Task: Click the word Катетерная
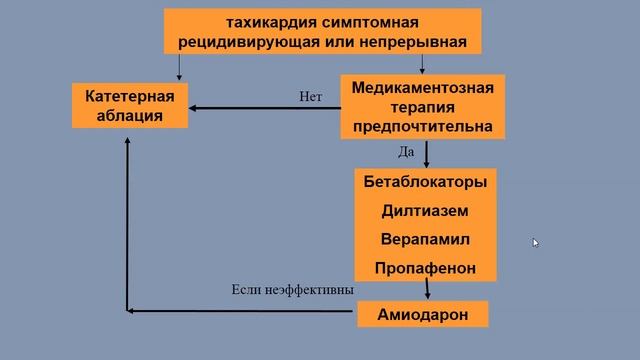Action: click(x=130, y=96)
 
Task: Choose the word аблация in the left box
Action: click(x=130, y=116)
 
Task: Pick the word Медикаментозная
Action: click(x=423, y=87)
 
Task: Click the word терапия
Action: click(x=423, y=106)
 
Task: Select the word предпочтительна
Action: click(x=423, y=126)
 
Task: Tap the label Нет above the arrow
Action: click(x=310, y=97)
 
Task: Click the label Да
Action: click(x=406, y=152)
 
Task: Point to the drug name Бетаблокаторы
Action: click(x=425, y=182)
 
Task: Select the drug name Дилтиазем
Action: click(x=425, y=211)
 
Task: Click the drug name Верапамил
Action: click(x=425, y=240)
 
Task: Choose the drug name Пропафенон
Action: click(x=425, y=268)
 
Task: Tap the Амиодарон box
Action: click(x=423, y=314)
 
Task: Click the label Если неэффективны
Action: click(x=292, y=290)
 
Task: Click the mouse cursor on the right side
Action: click(x=535, y=241)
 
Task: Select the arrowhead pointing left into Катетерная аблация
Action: click(x=195, y=107)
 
